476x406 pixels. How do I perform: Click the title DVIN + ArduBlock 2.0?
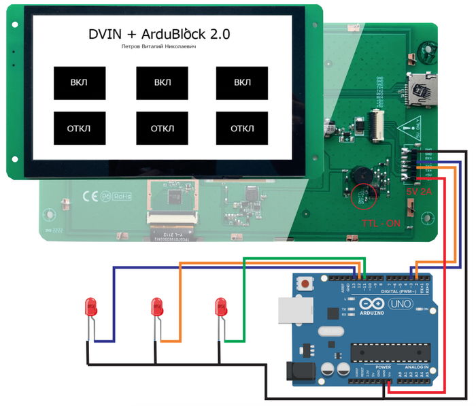(x=159, y=34)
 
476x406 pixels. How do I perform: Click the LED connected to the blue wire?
(x=90, y=308)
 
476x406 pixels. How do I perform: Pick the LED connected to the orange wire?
(x=158, y=308)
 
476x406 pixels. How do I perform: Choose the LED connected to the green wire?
(x=221, y=308)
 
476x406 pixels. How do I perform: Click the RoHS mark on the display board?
(x=123, y=196)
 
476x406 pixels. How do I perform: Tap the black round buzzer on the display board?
(x=359, y=175)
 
